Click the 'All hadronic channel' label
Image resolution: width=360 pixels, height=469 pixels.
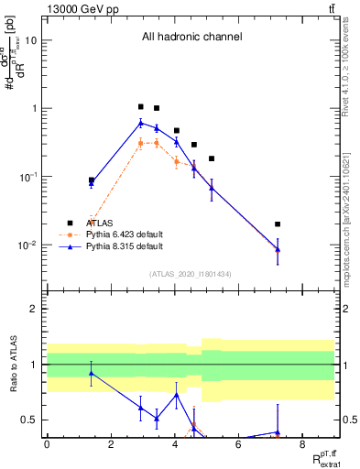pos(191,38)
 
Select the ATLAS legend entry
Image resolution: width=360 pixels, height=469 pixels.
pos(101,223)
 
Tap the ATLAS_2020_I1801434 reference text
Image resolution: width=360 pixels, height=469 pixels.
pos(191,274)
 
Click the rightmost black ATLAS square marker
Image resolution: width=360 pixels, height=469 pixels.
pos(278,224)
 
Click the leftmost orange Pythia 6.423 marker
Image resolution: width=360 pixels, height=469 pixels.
pos(91,222)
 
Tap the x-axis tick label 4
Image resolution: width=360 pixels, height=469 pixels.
pos(174,444)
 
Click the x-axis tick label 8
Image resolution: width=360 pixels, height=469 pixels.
pos(302,444)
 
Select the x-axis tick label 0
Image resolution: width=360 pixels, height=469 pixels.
pos(47,444)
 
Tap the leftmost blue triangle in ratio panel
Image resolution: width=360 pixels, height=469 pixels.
pos(91,373)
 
